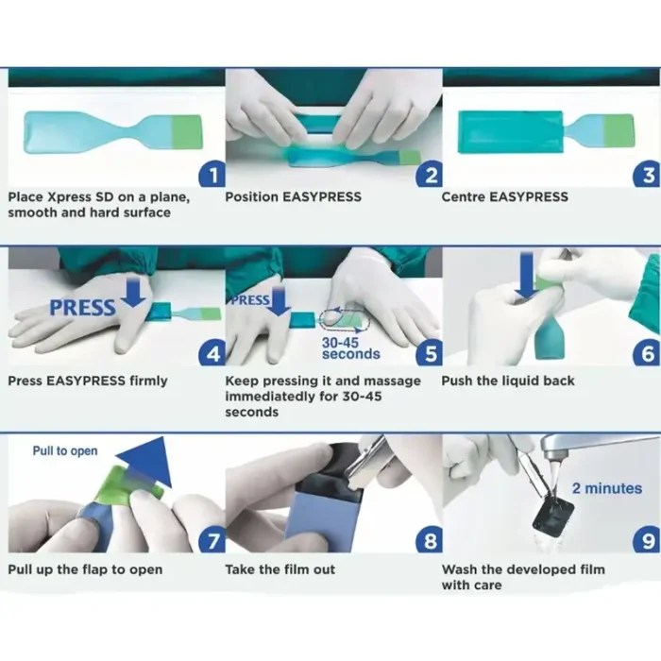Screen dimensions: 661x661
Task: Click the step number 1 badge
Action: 213,176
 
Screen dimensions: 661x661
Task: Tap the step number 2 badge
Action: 430,176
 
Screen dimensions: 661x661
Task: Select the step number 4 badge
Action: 213,353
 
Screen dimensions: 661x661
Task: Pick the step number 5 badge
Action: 430,353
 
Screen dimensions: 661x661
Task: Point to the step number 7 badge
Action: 213,541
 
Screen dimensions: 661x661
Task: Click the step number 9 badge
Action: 648,541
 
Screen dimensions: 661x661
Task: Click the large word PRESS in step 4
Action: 82,308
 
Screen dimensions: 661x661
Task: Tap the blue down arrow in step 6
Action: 527,277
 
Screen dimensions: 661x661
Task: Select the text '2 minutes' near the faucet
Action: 607,488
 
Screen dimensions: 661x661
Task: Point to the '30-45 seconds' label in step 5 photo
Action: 350,348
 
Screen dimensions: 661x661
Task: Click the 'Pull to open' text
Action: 65,450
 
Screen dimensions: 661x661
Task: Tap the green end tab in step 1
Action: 187,132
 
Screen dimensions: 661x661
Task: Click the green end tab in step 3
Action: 619,130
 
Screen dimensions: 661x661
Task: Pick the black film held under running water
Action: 553,518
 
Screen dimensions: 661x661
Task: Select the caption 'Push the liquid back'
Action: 508,381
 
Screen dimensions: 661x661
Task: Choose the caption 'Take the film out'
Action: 280,569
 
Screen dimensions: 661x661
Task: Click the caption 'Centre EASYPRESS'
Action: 504,196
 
